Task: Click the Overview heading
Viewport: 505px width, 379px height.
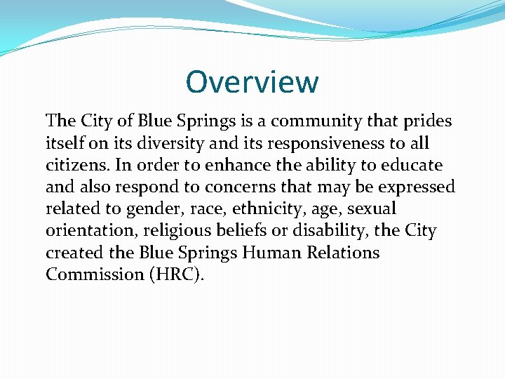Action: tap(252, 82)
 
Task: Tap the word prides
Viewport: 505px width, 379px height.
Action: tap(429, 121)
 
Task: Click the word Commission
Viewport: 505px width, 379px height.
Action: tap(91, 274)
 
